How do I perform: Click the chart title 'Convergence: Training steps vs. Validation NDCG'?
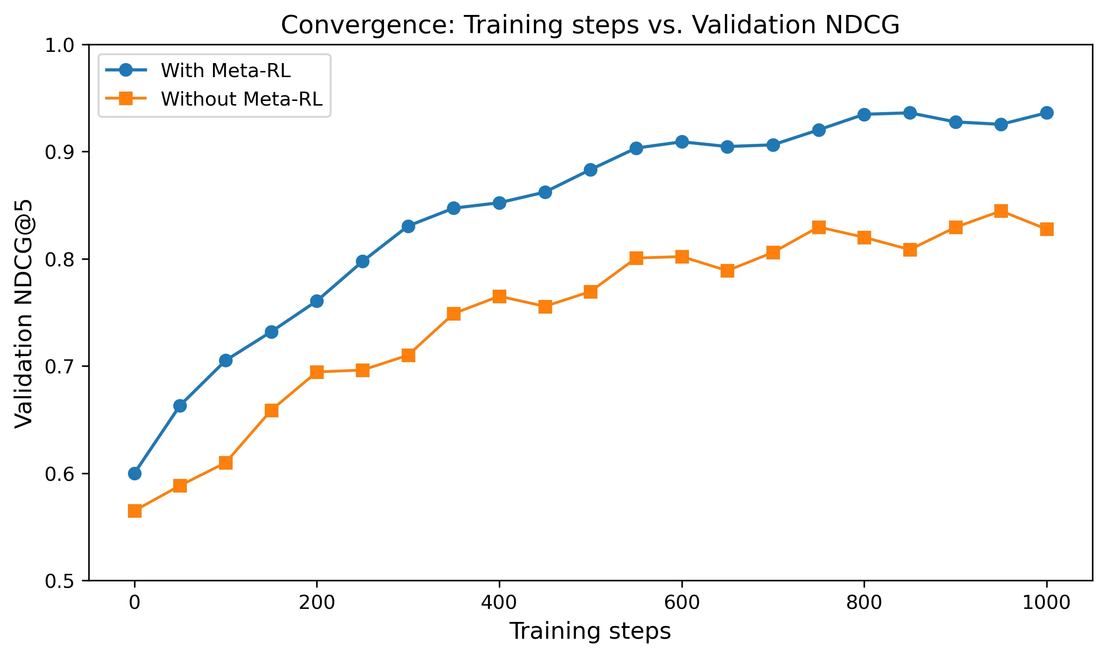pos(590,25)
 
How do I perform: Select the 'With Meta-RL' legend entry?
pos(226,71)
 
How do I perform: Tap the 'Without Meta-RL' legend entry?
pos(241,99)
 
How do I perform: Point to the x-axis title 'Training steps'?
pos(590,631)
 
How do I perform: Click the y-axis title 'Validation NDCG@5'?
pos(23,313)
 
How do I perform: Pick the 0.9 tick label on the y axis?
pos(60,152)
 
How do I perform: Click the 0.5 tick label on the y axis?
pos(60,581)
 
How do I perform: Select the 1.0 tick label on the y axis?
pos(60,45)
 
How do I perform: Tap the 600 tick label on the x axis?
pos(682,602)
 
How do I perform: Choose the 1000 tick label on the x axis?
pos(1046,602)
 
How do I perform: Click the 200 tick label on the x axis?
pos(317,602)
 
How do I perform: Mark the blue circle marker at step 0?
pos(135,473)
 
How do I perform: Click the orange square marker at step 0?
pos(135,511)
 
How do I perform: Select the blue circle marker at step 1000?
pos(1047,113)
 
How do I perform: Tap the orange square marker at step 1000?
pos(1047,229)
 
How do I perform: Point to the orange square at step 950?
pos(1001,211)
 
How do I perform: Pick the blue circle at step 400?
pos(499,203)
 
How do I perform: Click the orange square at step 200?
pos(317,372)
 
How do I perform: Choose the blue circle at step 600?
pos(682,142)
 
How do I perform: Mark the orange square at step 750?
pos(819,228)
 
